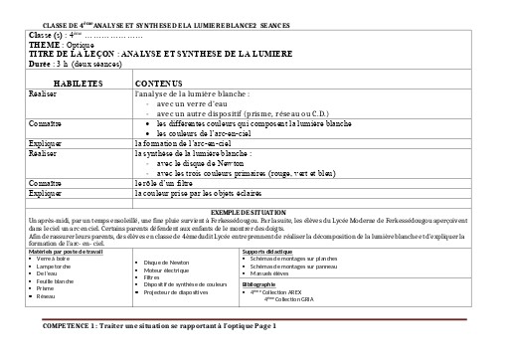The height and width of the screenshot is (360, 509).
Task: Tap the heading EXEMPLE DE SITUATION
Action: pyautogui.click(x=254, y=213)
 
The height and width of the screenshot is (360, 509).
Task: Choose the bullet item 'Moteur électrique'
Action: pyautogui.click(x=166, y=268)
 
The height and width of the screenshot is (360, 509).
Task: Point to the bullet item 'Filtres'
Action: pyautogui.click(x=154, y=275)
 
